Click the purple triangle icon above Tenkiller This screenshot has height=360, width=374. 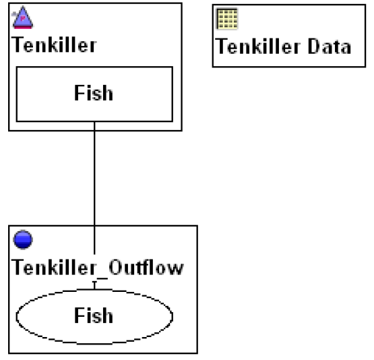pyautogui.click(x=22, y=17)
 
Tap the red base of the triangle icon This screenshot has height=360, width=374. pyautogui.click(x=23, y=28)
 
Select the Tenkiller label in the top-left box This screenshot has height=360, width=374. pyautogui.click(x=54, y=44)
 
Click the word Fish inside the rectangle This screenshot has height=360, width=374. pyautogui.click(x=94, y=93)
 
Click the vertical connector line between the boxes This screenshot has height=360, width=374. pyautogui.click(x=94, y=188)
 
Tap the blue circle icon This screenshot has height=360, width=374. pyautogui.click(x=23, y=239)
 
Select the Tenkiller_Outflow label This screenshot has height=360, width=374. pyautogui.click(x=97, y=268)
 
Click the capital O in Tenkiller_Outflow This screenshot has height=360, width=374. pyautogui.click(x=117, y=268)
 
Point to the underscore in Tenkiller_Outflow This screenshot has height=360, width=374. pyautogui.click(x=102, y=278)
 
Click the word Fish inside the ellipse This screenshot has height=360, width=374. pyautogui.click(x=94, y=316)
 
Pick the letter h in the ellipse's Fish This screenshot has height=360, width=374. pyautogui.click(x=108, y=316)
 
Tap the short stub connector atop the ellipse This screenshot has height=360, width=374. pyautogui.click(x=95, y=285)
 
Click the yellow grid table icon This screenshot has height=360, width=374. pyautogui.click(x=227, y=19)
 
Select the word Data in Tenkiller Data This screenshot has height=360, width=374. pyautogui.click(x=330, y=47)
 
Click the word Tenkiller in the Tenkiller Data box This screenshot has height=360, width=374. pyautogui.click(x=258, y=47)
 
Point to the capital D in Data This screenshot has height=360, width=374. pyautogui.click(x=314, y=47)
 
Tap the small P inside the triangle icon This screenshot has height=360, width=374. pyautogui.click(x=23, y=18)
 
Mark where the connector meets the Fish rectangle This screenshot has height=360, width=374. pyautogui.click(x=94, y=121)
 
